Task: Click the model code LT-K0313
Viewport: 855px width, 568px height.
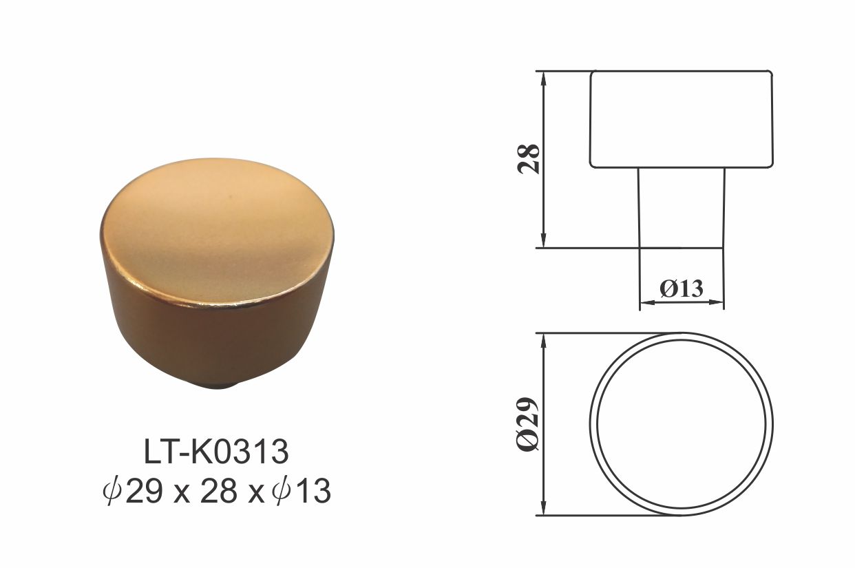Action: tap(216, 452)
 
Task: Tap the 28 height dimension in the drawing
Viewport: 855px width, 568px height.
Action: tap(529, 159)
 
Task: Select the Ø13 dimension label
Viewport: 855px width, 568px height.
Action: tap(682, 288)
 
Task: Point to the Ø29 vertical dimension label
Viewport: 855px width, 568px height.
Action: tap(528, 424)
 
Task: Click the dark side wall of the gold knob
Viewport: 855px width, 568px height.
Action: tap(218, 339)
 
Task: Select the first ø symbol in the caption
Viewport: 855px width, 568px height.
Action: tap(112, 492)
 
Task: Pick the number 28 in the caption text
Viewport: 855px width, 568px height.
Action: tap(219, 492)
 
